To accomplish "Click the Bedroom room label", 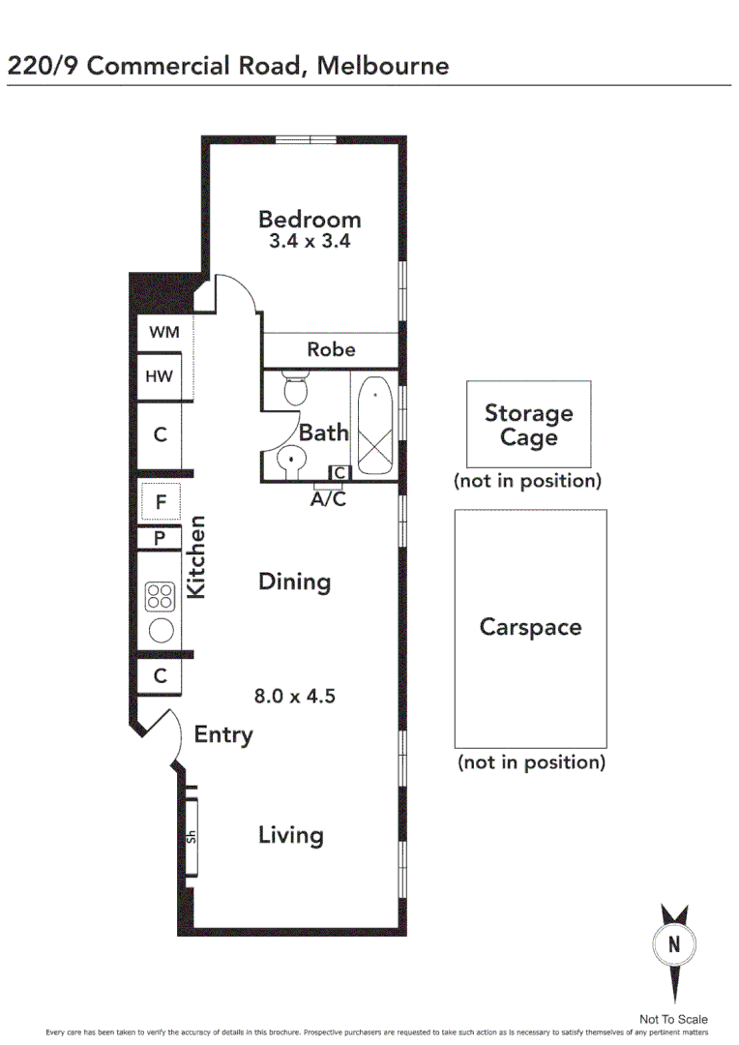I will click(309, 219).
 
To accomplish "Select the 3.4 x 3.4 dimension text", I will click(309, 242).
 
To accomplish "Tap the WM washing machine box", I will click(163, 332).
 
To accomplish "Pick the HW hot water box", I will click(160, 376).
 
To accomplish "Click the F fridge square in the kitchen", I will click(161, 502).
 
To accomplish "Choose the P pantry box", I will click(161, 539).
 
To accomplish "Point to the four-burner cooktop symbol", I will click(160, 597).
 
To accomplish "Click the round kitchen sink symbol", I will click(161, 631).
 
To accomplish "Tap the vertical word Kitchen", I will click(196, 556).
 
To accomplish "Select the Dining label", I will click(294, 582).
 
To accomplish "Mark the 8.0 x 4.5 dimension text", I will click(294, 695).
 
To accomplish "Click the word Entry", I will click(223, 734).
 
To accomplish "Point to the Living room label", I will click(290, 835).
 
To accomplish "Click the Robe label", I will click(331, 349).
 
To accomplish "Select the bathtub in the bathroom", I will click(374, 428).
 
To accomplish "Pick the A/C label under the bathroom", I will click(327, 500).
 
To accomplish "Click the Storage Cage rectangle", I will click(528, 425).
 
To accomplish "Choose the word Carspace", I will click(530, 627).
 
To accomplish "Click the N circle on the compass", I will click(674, 944).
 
